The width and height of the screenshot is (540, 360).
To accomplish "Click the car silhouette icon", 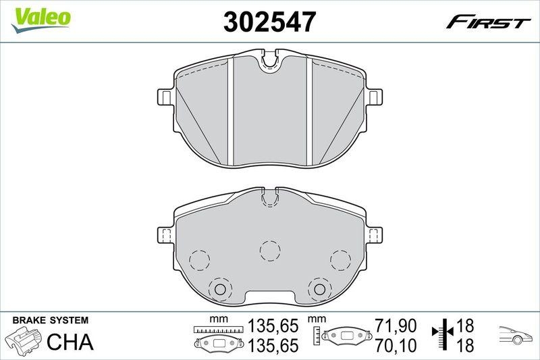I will [x=516, y=336].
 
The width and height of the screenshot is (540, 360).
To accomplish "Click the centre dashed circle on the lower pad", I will [x=270, y=250].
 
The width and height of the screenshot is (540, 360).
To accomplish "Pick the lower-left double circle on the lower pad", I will [x=219, y=288].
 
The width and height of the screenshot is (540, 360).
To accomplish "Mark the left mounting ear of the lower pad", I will [x=164, y=234].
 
